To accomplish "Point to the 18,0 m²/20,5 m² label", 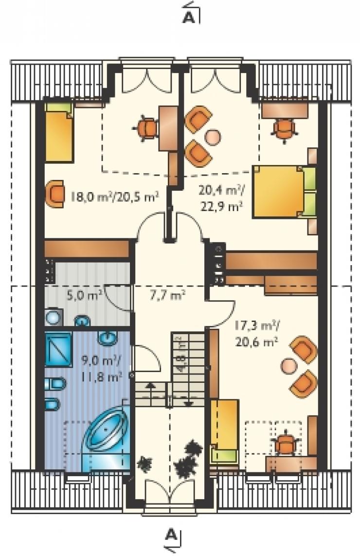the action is tap(114, 196).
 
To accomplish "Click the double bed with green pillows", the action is tap(284, 191).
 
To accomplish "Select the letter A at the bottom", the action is tap(171, 534).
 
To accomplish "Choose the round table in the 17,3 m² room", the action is tap(289, 366).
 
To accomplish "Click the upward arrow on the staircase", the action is tap(150, 391).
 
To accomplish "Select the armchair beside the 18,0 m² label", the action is tap(54, 194).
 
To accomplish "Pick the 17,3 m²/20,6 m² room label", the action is tap(256, 334).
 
